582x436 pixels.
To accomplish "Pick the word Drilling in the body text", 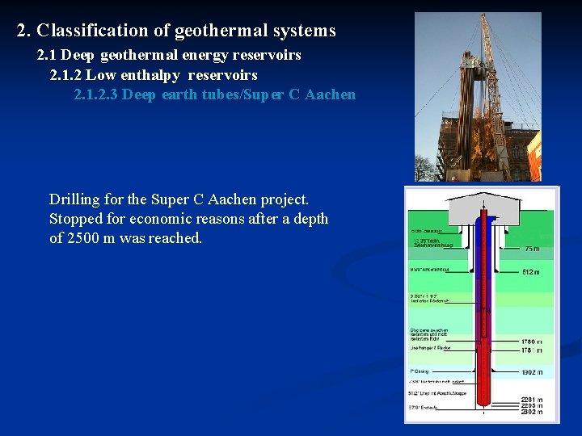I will [75, 199].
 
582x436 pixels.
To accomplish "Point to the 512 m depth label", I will [531, 272].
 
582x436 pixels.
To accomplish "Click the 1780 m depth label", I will [531, 342].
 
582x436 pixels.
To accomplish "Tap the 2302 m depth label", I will [531, 413].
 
